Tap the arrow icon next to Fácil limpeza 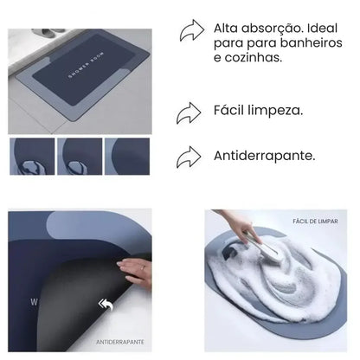(x=190, y=112)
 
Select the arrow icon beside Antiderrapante (x=190, y=157)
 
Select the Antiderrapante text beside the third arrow (x=264, y=157)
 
